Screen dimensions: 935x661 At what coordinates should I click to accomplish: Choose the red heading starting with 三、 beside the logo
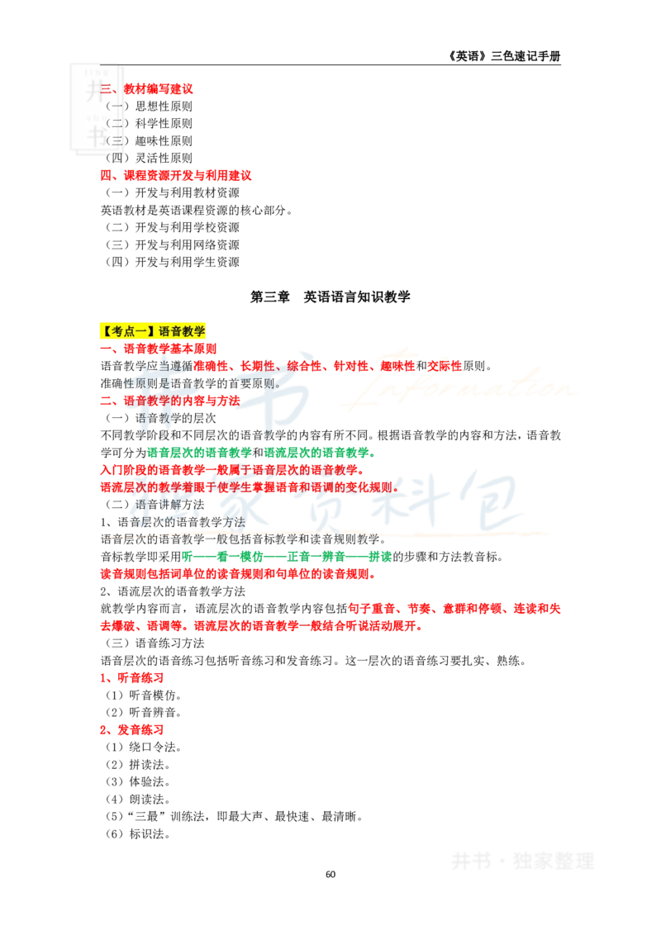click(149, 88)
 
